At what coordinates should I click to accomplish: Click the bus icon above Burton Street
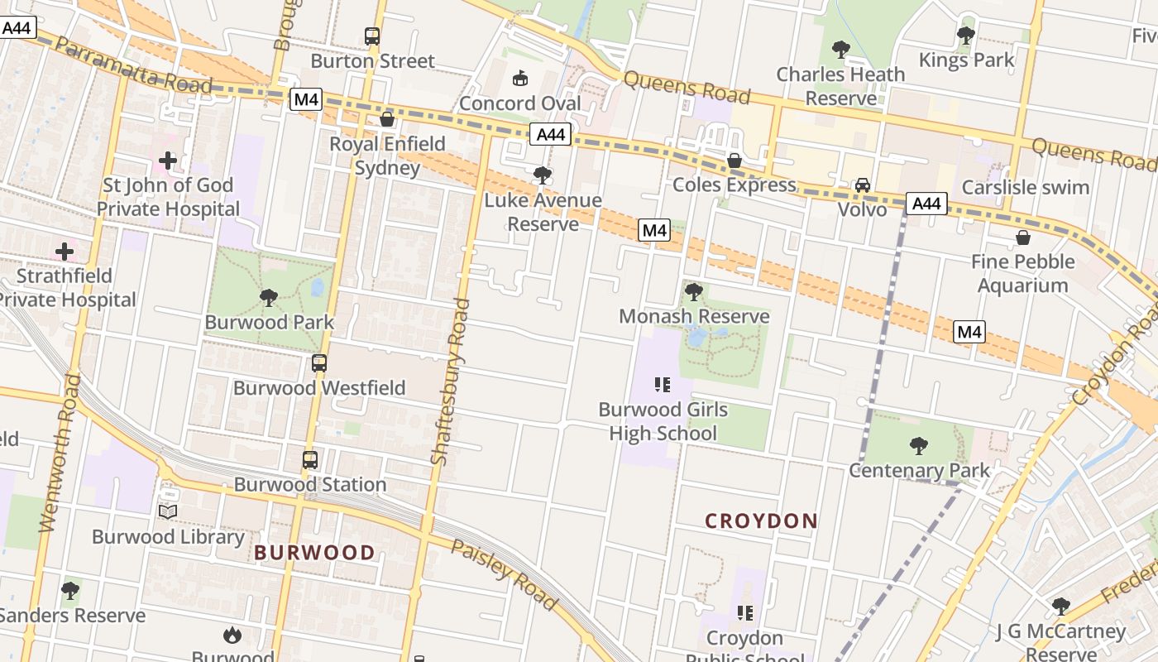click(372, 36)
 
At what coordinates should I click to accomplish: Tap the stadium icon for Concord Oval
click(520, 79)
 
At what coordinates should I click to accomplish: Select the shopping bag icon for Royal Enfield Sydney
click(387, 119)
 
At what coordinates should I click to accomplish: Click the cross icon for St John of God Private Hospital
click(168, 160)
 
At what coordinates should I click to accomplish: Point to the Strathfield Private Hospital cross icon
click(65, 251)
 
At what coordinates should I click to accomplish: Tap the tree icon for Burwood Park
click(268, 297)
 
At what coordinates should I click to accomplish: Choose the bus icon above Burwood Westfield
click(319, 362)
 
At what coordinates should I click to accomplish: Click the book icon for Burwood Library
click(168, 511)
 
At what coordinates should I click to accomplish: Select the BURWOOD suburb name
click(314, 553)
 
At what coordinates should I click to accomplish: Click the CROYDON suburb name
click(761, 520)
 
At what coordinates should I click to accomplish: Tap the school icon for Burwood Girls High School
click(663, 384)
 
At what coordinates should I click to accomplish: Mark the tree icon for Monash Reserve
click(694, 291)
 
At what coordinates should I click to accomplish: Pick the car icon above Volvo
click(863, 185)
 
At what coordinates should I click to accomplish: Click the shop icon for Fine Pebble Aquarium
click(1023, 237)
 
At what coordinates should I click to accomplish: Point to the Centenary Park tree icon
click(919, 446)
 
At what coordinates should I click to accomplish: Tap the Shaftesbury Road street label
click(451, 381)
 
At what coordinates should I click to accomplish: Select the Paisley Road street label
click(504, 574)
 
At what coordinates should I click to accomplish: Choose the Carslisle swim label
click(1025, 187)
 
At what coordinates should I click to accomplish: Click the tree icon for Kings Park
click(965, 36)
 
